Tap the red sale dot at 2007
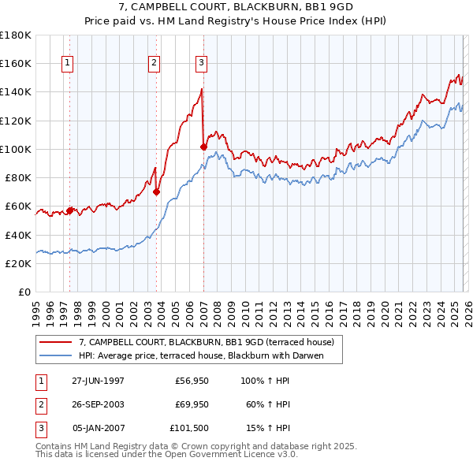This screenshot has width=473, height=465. [203, 147]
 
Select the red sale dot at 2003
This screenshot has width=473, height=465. [157, 192]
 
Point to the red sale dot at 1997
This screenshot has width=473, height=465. [70, 210]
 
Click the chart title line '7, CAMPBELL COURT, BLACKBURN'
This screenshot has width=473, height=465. [236, 8]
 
